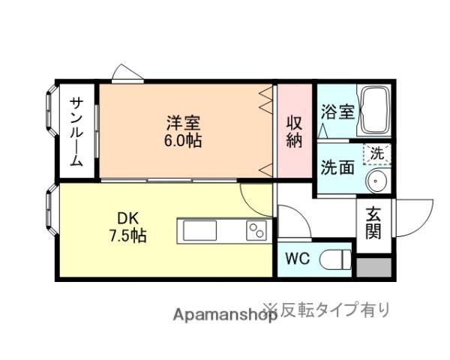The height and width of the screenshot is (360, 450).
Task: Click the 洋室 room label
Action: [183, 122]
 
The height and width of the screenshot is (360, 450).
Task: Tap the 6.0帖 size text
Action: [183, 141]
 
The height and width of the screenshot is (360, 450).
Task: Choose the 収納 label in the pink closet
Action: [294, 130]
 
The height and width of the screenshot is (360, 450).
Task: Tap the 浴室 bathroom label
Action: [337, 112]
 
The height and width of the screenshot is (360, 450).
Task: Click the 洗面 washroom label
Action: [337, 166]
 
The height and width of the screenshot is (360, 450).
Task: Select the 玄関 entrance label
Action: [373, 223]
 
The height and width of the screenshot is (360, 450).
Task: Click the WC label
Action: [296, 261]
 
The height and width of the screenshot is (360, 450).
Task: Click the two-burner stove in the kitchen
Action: [256, 231]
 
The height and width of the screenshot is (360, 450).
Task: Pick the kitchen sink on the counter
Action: [199, 230]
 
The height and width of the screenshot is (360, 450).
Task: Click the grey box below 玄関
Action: [373, 266]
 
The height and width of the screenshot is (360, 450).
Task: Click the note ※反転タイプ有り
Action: [325, 308]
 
